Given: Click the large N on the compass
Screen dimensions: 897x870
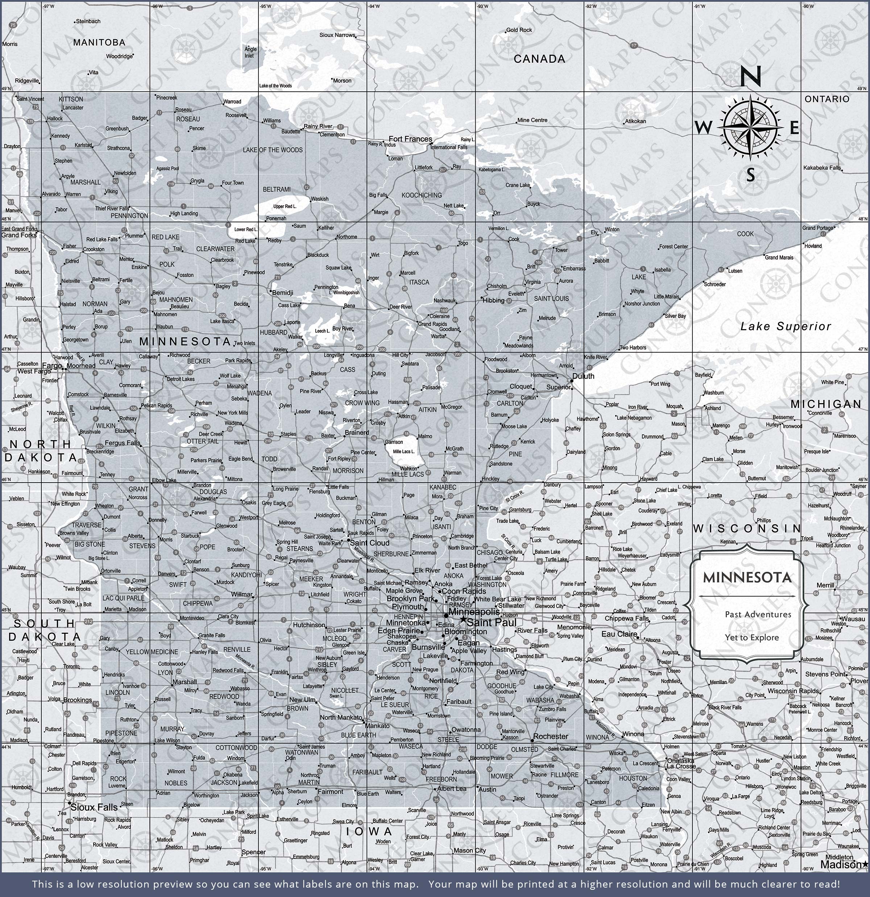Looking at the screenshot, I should coord(750,76).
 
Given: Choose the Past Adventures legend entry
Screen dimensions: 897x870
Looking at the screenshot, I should coord(758,614).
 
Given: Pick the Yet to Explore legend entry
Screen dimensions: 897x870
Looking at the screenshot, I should coord(751,637).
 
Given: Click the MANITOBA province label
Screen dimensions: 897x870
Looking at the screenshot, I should coord(99,42).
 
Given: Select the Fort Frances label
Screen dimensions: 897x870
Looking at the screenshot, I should coord(410,139).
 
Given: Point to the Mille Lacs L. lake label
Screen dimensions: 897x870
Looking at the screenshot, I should coord(404,452).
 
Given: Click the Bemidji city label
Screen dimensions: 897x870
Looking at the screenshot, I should coord(282,293).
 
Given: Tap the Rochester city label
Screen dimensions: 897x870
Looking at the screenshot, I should coord(551,736).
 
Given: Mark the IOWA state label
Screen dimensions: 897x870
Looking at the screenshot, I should coord(369,831).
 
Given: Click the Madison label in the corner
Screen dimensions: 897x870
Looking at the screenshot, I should coord(841,864).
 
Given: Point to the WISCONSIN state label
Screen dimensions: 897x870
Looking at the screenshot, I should coord(747,529).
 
